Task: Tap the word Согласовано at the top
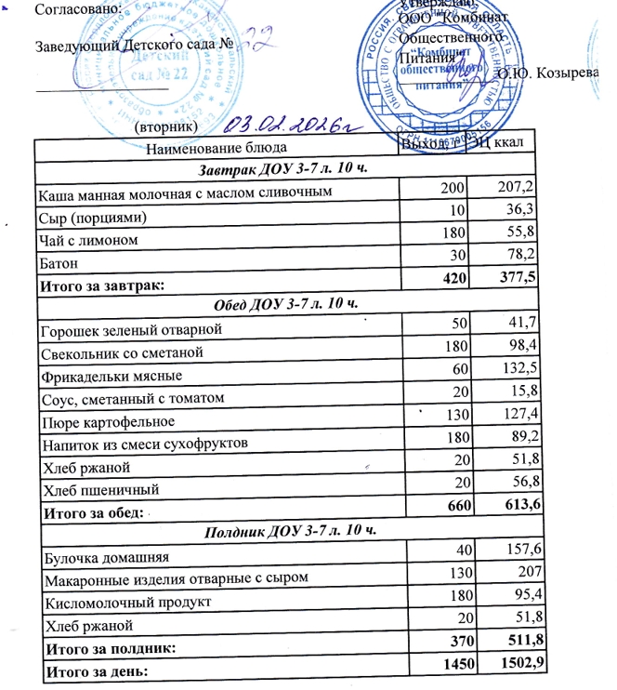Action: coord(68,8)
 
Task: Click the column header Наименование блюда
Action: coord(210,147)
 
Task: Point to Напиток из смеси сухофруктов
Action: coord(143,444)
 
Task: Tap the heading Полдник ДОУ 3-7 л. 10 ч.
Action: coord(283,531)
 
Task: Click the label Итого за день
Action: coord(92,670)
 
